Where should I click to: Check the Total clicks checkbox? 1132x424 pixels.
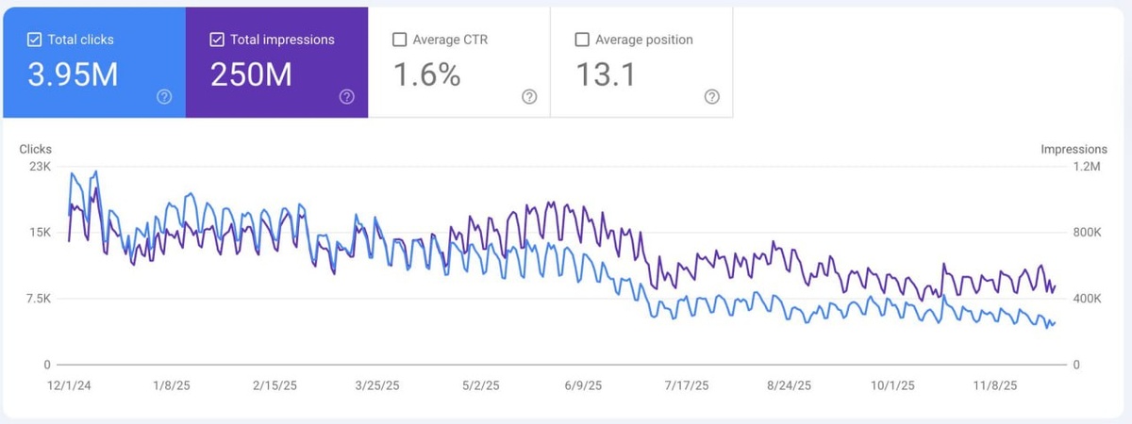[x=34, y=40]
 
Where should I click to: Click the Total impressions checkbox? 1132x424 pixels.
[x=217, y=40]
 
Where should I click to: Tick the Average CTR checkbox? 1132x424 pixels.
[x=399, y=40]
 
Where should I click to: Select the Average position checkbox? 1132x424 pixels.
[x=582, y=40]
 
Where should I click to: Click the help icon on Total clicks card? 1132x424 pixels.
[x=164, y=97]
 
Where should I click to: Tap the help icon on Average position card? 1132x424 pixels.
[x=712, y=97]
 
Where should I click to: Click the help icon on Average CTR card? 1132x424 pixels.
[x=529, y=97]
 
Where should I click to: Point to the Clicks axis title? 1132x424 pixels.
[x=35, y=149]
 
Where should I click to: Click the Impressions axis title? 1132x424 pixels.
[x=1074, y=149]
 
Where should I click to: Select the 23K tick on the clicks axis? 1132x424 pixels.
[x=40, y=167]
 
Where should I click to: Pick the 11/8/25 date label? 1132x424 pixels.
[x=995, y=385]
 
